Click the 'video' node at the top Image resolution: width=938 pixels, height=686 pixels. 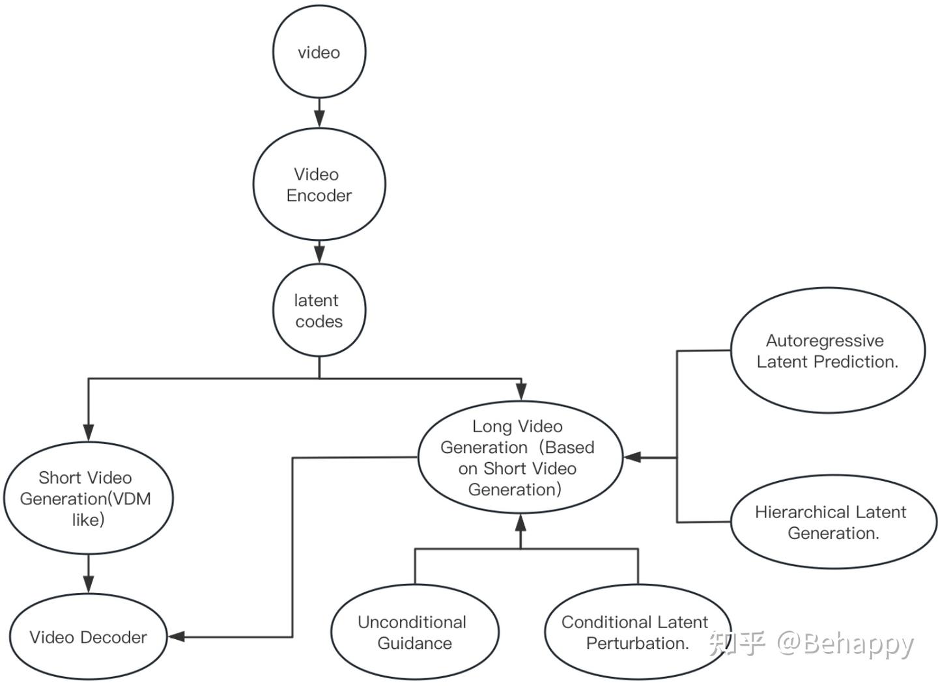319,52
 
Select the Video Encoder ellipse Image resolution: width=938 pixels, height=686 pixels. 319,185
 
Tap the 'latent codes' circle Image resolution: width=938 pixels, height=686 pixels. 319,310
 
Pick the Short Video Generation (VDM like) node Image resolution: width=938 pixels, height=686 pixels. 88,499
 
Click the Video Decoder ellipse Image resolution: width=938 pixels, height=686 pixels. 88,637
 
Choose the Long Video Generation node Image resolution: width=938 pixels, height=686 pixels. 519,458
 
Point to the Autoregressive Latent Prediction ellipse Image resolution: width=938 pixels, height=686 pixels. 827,351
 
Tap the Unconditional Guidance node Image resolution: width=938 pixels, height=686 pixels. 414,633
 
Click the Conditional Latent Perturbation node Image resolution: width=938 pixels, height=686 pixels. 636,633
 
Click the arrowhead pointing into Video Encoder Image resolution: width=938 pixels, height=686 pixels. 319,119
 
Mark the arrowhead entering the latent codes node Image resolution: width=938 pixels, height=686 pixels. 319,254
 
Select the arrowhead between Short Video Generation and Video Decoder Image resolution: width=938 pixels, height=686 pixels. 89,584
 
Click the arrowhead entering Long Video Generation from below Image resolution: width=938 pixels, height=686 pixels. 520,523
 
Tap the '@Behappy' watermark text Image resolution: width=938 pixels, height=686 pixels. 846,644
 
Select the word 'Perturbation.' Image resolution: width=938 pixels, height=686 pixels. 638,644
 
